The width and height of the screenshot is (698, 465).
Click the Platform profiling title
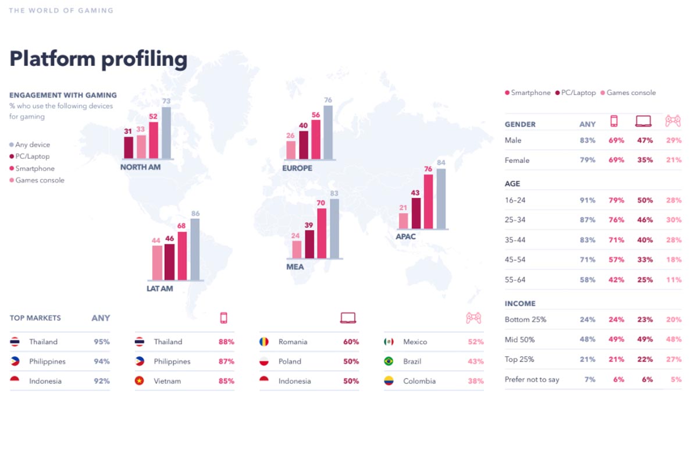98,59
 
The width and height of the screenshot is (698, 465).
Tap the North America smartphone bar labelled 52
154,140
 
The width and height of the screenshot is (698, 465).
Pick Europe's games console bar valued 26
291,150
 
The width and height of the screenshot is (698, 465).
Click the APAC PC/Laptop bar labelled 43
416,213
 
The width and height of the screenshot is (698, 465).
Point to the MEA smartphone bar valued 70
321,233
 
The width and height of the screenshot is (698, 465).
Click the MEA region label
295,267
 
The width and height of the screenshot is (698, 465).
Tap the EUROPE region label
297,168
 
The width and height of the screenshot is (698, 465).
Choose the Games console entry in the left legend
40,180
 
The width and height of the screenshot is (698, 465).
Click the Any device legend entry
33,145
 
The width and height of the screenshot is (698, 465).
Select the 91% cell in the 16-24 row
587,200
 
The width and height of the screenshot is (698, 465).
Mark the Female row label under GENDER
517,160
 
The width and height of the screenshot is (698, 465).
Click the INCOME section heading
520,303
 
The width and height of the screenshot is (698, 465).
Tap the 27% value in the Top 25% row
674,359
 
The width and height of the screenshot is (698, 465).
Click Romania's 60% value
351,342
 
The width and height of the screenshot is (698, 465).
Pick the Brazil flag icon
389,361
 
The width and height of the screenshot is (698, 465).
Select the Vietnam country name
168,381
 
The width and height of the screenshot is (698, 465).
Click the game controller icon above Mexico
473,318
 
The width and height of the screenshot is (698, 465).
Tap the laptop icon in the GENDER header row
643,121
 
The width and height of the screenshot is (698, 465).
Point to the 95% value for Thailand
102,342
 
